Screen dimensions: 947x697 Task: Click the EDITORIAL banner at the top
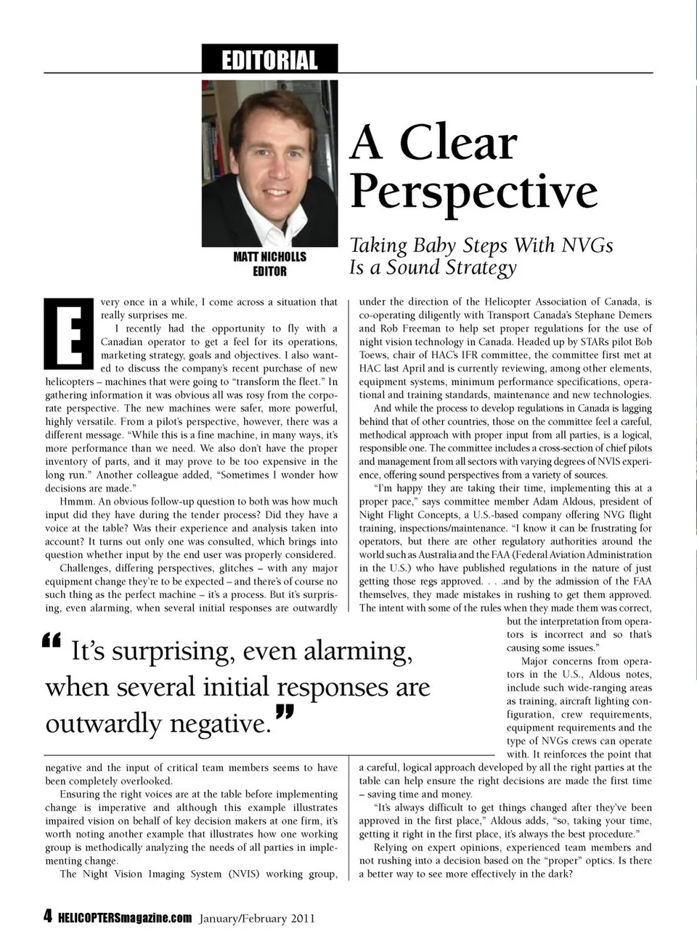tap(269, 60)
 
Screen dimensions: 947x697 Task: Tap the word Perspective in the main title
tap(474, 191)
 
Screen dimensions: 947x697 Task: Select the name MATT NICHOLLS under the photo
tap(269, 257)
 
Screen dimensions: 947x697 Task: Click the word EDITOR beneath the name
tap(269, 272)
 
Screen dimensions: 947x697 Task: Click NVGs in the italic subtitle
tap(587, 245)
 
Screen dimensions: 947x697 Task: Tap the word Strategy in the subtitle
tap(481, 267)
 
